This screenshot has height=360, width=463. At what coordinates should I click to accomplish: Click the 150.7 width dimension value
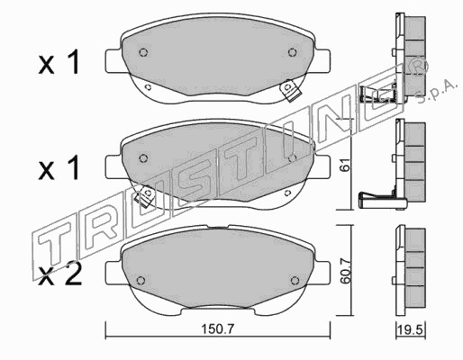click(x=217, y=329)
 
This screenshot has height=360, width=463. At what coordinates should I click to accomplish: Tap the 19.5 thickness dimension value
click(x=411, y=330)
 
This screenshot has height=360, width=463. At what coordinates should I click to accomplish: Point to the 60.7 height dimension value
click(x=346, y=271)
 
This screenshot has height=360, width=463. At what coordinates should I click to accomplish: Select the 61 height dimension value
click(x=346, y=164)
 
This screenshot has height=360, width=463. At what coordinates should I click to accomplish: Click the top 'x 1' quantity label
click(x=59, y=62)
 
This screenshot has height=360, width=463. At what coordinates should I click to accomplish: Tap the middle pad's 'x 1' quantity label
click(x=59, y=168)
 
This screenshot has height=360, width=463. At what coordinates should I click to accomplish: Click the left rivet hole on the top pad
click(x=143, y=52)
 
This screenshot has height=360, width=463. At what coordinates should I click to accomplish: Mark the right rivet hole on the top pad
click(x=292, y=52)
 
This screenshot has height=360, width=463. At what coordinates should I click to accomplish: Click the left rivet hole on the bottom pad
click(x=141, y=280)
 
